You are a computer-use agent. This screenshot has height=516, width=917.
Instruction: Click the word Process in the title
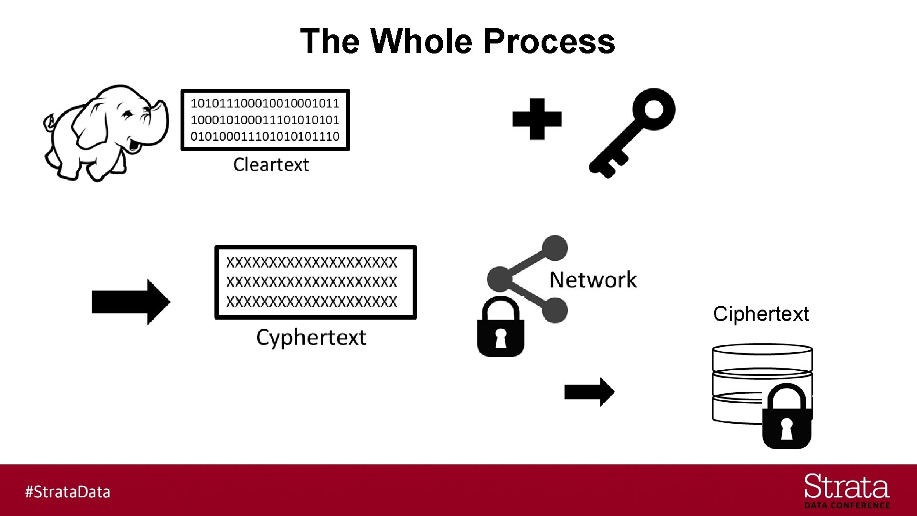[x=549, y=41]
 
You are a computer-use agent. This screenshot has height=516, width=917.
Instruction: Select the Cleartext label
[x=271, y=165]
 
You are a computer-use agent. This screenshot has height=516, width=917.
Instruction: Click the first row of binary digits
[x=265, y=103]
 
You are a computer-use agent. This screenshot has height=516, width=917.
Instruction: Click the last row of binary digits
[x=265, y=137]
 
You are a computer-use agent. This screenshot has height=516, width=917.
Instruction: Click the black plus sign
[x=537, y=119]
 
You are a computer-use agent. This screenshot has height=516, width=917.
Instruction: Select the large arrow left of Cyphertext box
[x=130, y=302]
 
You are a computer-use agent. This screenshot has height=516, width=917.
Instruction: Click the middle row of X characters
[x=311, y=282]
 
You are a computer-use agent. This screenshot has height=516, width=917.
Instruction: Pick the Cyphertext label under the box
[x=311, y=338]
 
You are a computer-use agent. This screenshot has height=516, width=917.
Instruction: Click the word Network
[x=593, y=280]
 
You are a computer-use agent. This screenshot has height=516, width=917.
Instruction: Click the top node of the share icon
[x=554, y=248]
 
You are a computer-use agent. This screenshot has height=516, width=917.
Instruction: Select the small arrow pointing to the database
[x=589, y=392]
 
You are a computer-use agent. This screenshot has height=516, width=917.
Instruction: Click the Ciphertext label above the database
[x=760, y=314]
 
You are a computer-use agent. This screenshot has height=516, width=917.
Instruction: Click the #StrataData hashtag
[x=67, y=492]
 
